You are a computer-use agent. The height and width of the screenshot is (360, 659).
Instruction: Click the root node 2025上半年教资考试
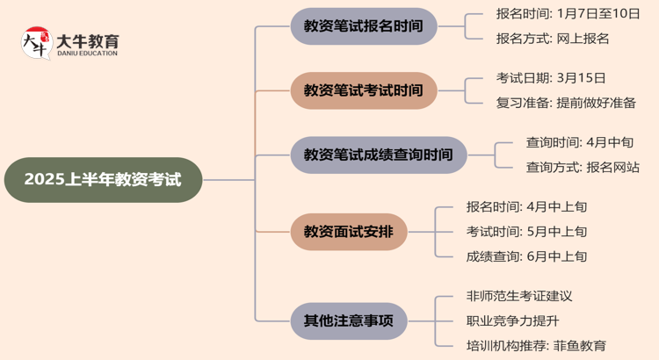[x=103, y=180]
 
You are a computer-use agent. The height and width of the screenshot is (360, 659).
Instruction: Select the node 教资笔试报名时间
[x=363, y=26]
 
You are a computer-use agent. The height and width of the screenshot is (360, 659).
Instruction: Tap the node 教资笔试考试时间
[x=363, y=90]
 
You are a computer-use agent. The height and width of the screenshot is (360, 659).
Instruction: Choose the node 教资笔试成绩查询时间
[x=379, y=155]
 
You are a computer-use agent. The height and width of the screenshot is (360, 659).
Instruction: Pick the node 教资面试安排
[x=349, y=232]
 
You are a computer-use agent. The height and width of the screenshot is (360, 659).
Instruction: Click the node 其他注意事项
[x=349, y=320]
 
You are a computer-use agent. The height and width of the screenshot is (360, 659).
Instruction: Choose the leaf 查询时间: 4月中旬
[x=579, y=142]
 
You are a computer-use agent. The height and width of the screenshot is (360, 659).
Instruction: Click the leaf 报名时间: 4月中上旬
[x=526, y=207]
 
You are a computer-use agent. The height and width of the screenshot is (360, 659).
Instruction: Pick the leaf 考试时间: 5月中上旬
[x=526, y=232]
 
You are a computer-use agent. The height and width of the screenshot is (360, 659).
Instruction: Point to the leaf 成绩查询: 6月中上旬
[x=526, y=256]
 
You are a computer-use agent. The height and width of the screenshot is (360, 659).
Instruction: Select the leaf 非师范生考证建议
[x=519, y=296]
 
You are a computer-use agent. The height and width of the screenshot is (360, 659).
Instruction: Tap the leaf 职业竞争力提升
[x=512, y=320]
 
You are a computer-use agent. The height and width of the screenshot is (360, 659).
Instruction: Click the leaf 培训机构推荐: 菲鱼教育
[x=536, y=345]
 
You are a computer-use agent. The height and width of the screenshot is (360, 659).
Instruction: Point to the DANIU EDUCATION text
[x=87, y=54]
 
